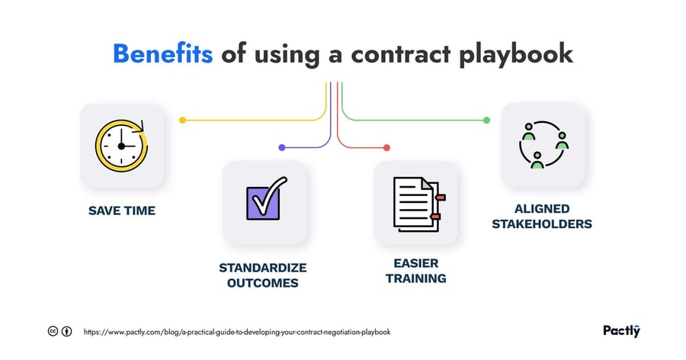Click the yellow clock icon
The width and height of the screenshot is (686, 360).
coord(121,145)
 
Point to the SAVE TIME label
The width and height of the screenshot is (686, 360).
coord(121,210)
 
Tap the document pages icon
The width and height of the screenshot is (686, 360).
coord(416,203)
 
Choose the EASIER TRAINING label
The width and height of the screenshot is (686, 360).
coord(415,271)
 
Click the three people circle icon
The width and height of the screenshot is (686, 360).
coord(543,145)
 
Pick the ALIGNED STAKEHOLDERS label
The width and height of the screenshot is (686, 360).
coord(543,216)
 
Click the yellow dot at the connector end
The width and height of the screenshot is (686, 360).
coord(182,120)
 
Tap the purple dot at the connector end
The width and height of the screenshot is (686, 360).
coord(281,147)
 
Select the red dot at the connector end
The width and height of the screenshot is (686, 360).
coord(386,147)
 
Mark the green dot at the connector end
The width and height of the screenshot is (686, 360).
coord(486,120)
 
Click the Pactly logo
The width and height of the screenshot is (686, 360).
coord(621,331)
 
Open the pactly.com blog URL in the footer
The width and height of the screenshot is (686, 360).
coord(238,332)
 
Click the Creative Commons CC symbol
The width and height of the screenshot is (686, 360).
coord(53,332)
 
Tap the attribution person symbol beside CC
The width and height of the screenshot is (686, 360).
coord(67,332)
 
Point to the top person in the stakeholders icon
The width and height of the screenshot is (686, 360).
coord(527,133)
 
